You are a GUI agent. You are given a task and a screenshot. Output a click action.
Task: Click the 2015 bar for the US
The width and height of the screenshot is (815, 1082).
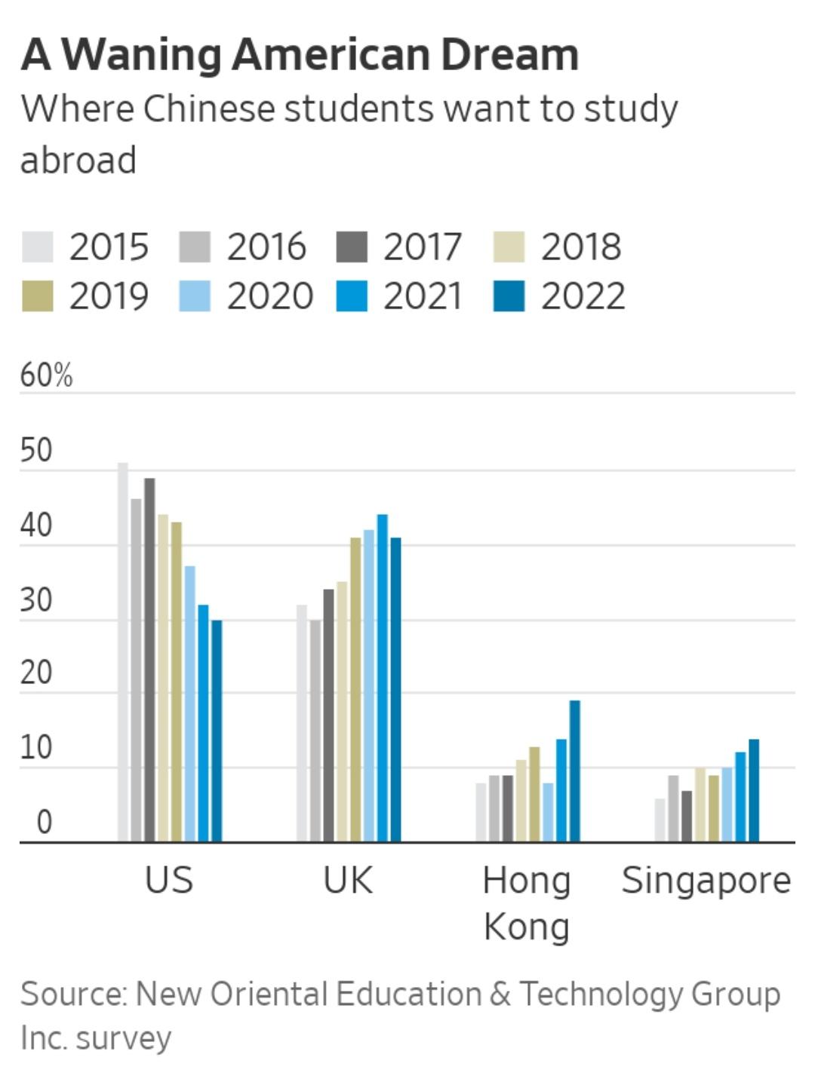(123, 652)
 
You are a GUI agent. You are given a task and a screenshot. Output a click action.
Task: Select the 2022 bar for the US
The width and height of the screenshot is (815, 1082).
(217, 731)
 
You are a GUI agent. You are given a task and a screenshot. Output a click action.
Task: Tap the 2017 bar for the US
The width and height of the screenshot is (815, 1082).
(149, 660)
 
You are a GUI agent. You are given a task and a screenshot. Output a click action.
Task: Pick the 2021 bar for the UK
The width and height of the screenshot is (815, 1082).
(383, 678)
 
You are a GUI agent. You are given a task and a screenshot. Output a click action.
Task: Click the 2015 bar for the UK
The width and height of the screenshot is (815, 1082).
(302, 723)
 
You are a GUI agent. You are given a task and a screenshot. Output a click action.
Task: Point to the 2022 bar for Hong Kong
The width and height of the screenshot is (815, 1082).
(575, 771)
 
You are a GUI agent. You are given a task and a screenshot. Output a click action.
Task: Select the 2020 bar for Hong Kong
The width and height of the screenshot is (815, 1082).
(548, 812)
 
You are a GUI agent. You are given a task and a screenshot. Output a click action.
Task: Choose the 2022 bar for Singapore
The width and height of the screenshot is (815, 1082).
(754, 790)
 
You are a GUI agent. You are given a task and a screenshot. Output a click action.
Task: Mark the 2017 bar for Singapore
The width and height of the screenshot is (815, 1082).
(686, 816)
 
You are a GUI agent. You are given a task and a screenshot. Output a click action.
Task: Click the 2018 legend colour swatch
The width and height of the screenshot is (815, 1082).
(509, 247)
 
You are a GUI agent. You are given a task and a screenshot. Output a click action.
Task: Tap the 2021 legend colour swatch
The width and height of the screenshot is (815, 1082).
(352, 296)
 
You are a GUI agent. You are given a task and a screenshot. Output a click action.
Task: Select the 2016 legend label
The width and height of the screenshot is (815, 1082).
(266, 247)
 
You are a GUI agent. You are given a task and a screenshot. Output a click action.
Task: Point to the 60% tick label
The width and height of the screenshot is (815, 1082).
(46, 375)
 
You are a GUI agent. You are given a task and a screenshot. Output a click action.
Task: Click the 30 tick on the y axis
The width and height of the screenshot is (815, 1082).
(36, 600)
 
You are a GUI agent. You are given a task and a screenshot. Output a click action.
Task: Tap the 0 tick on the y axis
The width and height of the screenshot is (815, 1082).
(44, 822)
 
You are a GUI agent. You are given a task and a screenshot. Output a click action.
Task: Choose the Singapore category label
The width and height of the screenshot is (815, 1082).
(706, 880)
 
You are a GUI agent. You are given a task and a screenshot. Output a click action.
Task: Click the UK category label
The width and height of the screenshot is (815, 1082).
(348, 880)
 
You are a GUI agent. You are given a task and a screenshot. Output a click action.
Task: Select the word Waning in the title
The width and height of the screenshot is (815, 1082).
(141, 54)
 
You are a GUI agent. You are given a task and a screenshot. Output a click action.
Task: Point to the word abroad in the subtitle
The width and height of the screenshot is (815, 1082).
(78, 160)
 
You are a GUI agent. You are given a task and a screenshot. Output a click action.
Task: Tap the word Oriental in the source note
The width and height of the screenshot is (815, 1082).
(269, 994)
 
